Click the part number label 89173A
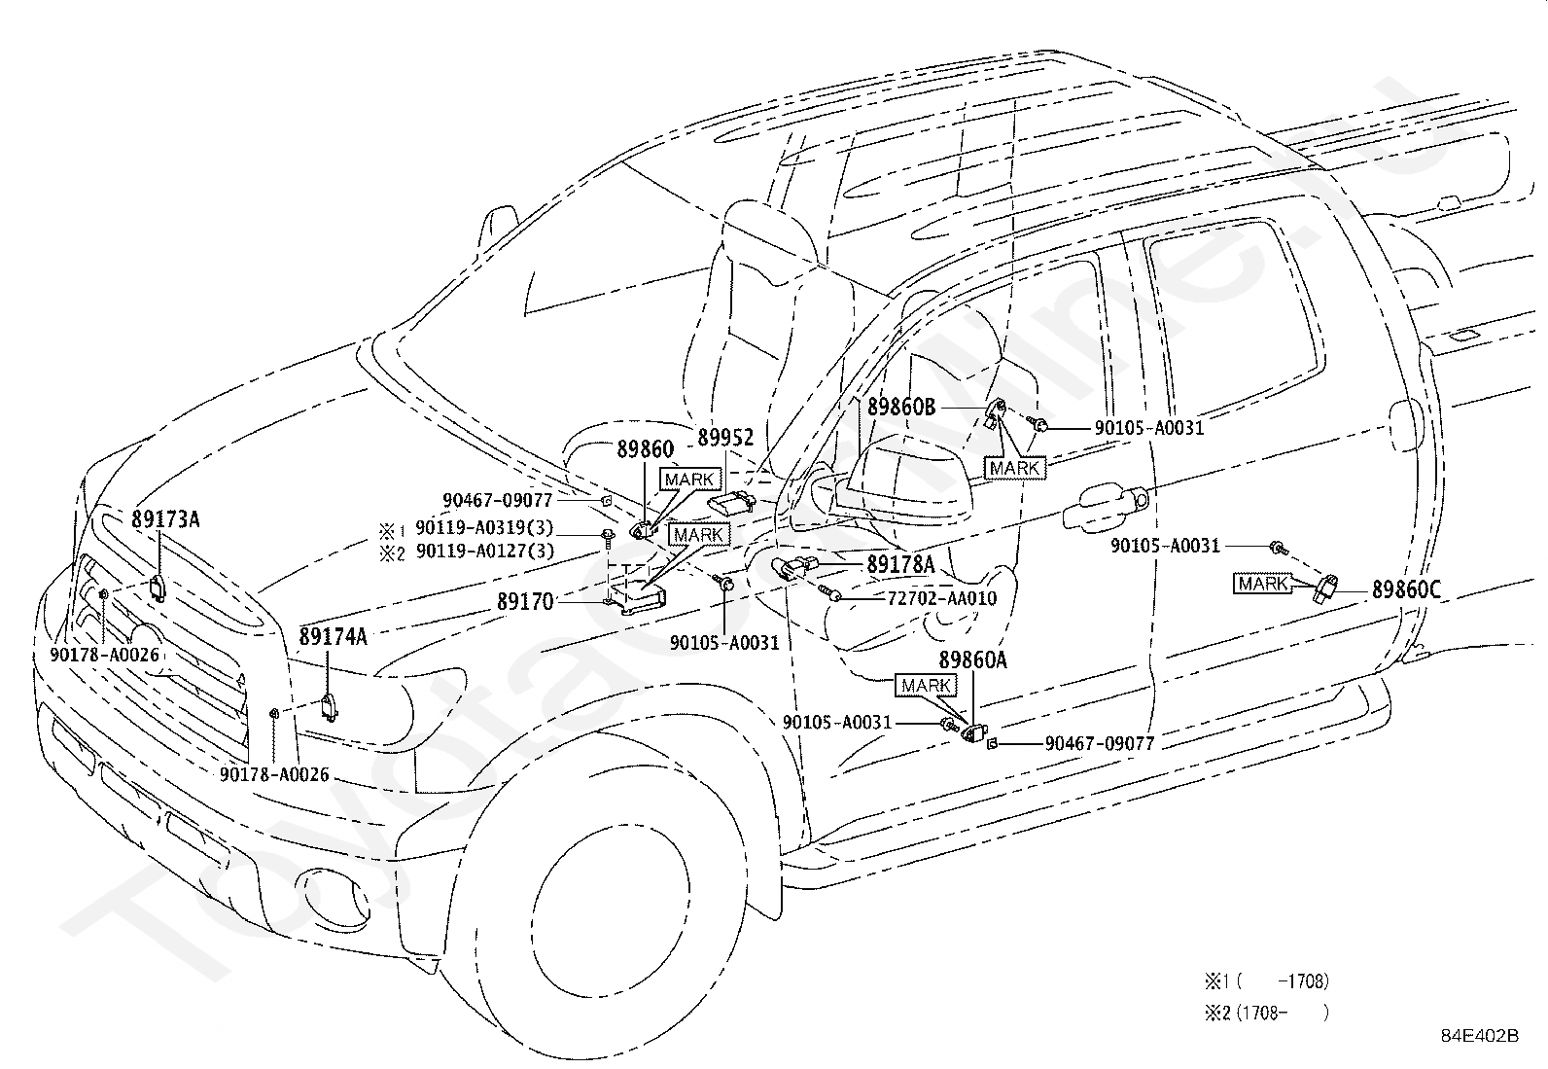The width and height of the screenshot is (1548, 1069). click(x=165, y=519)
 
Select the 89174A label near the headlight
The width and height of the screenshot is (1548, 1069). click(x=333, y=636)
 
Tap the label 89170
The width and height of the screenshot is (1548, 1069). click(x=525, y=601)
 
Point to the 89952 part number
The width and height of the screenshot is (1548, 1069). click(x=725, y=437)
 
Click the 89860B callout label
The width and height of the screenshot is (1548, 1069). click(x=901, y=407)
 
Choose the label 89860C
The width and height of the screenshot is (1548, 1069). click(x=1406, y=589)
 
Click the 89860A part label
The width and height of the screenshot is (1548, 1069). click(x=972, y=660)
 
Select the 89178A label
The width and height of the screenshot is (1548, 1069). click(x=900, y=565)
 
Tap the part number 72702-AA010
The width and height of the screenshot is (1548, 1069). click(x=942, y=598)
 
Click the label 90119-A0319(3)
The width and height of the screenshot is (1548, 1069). click(x=484, y=527)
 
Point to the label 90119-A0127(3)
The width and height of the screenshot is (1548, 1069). click(x=485, y=552)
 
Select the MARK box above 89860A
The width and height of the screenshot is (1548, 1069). click(x=926, y=685)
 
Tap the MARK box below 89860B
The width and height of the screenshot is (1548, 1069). click(x=1014, y=468)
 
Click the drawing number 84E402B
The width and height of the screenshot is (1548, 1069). click(x=1480, y=1035)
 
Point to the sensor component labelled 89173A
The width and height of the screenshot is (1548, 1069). click(x=158, y=588)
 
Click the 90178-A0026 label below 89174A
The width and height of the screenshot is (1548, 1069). click(x=274, y=774)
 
